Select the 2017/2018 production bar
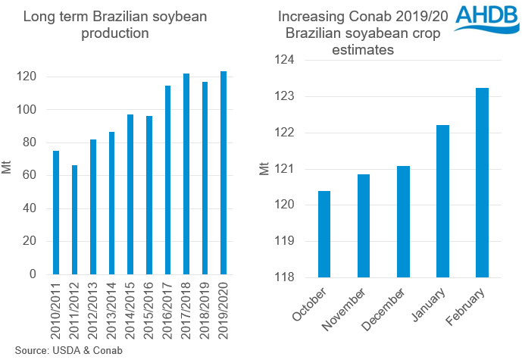pos(186,174)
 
